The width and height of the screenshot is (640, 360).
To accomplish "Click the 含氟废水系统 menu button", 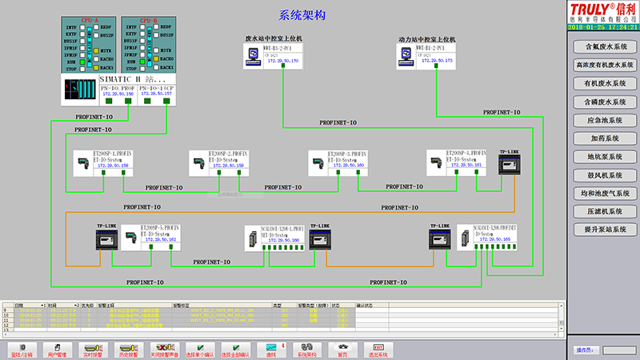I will pos(605,47).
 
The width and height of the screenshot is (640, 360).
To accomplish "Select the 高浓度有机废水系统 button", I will pos(605,66).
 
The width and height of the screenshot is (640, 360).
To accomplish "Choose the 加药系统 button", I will pos(605,138).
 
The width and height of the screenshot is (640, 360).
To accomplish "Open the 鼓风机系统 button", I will pos(605,175).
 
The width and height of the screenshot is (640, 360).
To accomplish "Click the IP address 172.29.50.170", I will pos(282,61).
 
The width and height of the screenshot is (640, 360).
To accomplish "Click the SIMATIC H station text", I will pos(131,80).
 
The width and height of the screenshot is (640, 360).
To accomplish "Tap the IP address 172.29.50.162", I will pos(160,240).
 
